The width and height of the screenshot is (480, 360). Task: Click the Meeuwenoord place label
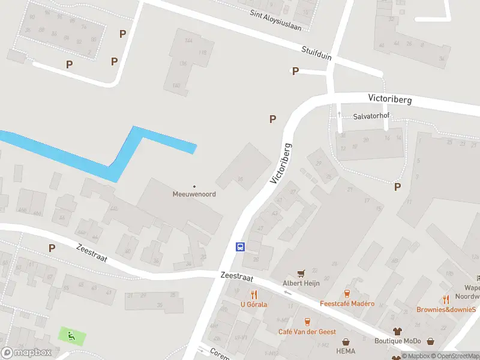point(194,194)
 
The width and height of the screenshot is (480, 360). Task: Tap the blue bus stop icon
point(240,247)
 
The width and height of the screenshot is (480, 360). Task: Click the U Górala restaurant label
point(254,304)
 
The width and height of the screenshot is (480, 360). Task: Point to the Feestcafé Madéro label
point(347,304)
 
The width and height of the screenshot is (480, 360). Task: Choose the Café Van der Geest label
point(307,331)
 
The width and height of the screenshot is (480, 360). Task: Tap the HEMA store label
point(346,351)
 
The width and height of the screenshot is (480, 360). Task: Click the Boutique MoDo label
point(397,341)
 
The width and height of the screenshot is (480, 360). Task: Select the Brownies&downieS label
point(446,310)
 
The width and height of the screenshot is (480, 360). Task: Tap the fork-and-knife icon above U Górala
point(254,294)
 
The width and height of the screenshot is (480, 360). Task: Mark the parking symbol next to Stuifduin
point(295,71)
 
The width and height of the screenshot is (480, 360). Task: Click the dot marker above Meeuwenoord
point(194,186)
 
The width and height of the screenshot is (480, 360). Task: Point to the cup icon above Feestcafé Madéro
point(347,293)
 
